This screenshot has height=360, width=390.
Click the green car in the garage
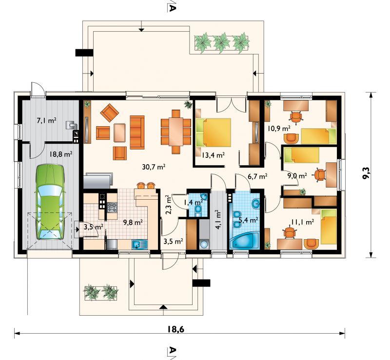50,202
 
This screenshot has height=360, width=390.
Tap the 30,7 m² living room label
154,167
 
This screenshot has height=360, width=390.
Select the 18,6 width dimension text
176,329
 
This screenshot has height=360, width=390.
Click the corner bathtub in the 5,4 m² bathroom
244,241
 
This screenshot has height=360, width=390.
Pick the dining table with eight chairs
176,132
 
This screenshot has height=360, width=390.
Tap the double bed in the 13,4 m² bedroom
214,132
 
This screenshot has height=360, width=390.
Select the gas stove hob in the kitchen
112,208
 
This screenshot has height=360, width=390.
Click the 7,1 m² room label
46,121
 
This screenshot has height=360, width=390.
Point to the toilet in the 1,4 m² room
198,211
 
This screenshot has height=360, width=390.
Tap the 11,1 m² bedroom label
302,222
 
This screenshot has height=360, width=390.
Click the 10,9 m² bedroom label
279,129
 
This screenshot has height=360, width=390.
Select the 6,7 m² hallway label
257,176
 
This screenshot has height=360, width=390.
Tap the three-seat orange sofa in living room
137,133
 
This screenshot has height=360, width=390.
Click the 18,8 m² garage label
61,154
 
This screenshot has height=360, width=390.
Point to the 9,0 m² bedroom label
297,176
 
